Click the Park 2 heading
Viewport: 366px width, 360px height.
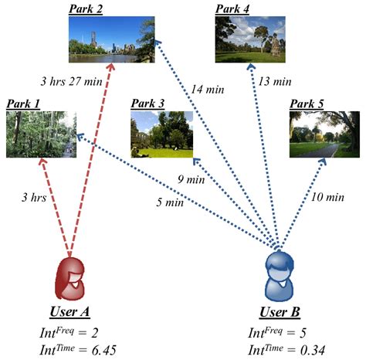click(86, 9)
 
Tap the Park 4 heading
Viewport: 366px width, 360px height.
click(232, 9)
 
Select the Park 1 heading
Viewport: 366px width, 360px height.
click(23, 104)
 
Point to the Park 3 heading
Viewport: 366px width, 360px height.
click(147, 104)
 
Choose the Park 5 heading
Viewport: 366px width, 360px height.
click(307, 104)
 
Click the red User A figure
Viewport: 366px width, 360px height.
click(70, 279)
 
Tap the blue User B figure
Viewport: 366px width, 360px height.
click(280, 276)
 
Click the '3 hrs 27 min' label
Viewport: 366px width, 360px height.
click(71, 82)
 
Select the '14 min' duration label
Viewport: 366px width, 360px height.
click(208, 90)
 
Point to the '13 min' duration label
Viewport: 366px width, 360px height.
click(275, 82)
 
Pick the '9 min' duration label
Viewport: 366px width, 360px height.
click(191, 179)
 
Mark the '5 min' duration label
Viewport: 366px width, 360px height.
click(170, 202)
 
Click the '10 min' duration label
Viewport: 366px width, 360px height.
click(327, 197)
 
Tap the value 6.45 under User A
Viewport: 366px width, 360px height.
click(103, 350)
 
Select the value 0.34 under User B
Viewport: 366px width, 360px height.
click(313, 350)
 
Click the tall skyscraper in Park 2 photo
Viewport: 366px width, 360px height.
click(93, 39)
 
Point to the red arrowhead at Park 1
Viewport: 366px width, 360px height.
click(42, 161)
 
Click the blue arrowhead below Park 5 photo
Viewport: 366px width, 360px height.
click(323, 161)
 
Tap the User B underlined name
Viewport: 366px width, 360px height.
click(280, 312)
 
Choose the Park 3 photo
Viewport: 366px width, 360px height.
click(162, 134)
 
